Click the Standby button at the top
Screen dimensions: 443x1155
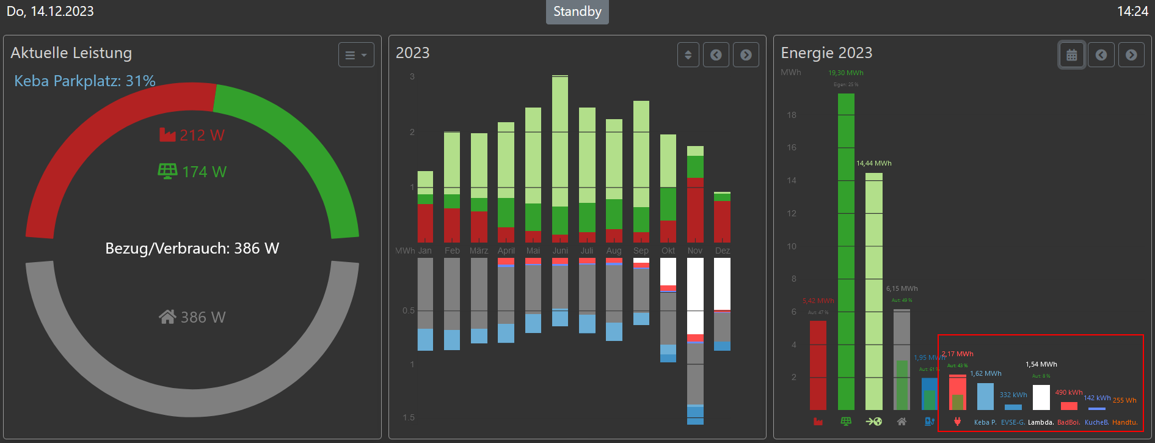click(577, 12)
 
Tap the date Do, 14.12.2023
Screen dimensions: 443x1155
click(50, 12)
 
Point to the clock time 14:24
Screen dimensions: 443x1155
click(1132, 12)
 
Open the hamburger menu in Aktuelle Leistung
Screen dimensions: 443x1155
click(356, 55)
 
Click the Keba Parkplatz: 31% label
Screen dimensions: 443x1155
click(85, 81)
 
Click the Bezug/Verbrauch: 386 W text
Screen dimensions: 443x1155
click(192, 248)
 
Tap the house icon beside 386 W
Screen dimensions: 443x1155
click(167, 317)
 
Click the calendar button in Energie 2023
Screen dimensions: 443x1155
click(1071, 55)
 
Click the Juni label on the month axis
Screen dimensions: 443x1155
click(560, 251)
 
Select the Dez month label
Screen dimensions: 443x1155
click(723, 251)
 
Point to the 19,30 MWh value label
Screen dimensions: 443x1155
click(845, 73)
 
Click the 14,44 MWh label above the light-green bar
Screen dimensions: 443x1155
click(873, 163)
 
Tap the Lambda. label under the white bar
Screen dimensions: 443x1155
click(1041, 422)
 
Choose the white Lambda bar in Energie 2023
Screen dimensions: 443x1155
click(1041, 397)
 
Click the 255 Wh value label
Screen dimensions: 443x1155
click(1124, 400)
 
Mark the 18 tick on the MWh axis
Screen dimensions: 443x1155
click(792, 115)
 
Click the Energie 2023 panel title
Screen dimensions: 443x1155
click(826, 53)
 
